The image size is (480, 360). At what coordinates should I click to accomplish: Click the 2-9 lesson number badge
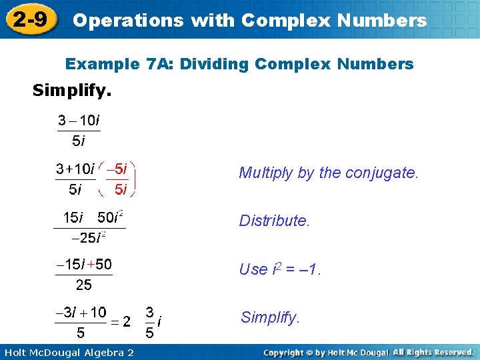[x=29, y=20]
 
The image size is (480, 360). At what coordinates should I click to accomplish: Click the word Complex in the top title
[x=279, y=21]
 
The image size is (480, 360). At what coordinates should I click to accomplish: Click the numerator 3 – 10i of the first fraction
[x=79, y=121]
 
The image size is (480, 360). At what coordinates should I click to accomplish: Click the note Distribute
[x=275, y=221]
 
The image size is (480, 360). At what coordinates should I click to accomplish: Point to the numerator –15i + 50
[x=84, y=265]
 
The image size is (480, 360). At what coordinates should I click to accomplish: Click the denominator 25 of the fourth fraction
[x=84, y=285]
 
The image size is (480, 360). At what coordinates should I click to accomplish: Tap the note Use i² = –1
[x=280, y=269]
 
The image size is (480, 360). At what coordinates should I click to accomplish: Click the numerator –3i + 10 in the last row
[x=81, y=311]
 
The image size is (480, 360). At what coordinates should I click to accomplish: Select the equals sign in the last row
[x=115, y=322]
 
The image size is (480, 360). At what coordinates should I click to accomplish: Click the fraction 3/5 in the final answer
[x=150, y=322]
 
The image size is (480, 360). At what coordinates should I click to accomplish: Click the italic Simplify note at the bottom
[x=270, y=317]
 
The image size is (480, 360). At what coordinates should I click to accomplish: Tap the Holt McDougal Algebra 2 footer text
[x=68, y=352]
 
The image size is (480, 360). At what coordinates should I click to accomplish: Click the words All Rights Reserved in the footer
[x=433, y=351]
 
